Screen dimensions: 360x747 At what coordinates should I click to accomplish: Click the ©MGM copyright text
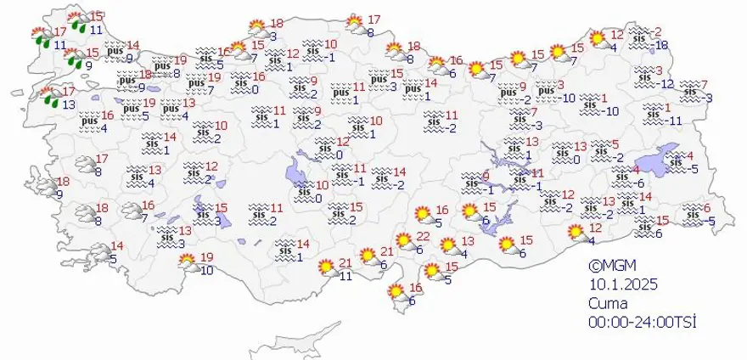[x=609, y=265]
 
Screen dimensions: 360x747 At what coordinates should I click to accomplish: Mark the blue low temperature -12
[x=666, y=83]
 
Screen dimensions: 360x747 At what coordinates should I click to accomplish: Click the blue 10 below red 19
[x=206, y=271]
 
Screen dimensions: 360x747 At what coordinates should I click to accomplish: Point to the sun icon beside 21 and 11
[x=323, y=267]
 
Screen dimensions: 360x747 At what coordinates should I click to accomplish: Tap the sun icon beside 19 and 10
[x=186, y=264]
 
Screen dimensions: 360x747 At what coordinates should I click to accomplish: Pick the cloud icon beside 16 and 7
[x=130, y=211]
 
